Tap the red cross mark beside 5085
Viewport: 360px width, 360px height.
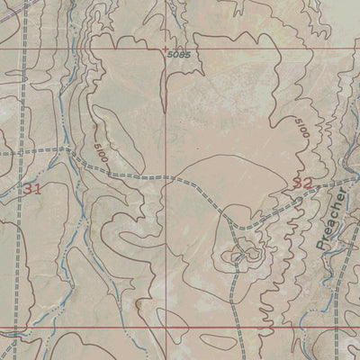166,49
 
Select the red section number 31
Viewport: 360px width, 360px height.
32,188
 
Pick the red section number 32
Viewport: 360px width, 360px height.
302,183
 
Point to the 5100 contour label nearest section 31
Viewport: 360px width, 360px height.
99,151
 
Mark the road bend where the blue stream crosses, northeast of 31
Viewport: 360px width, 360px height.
68,149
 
